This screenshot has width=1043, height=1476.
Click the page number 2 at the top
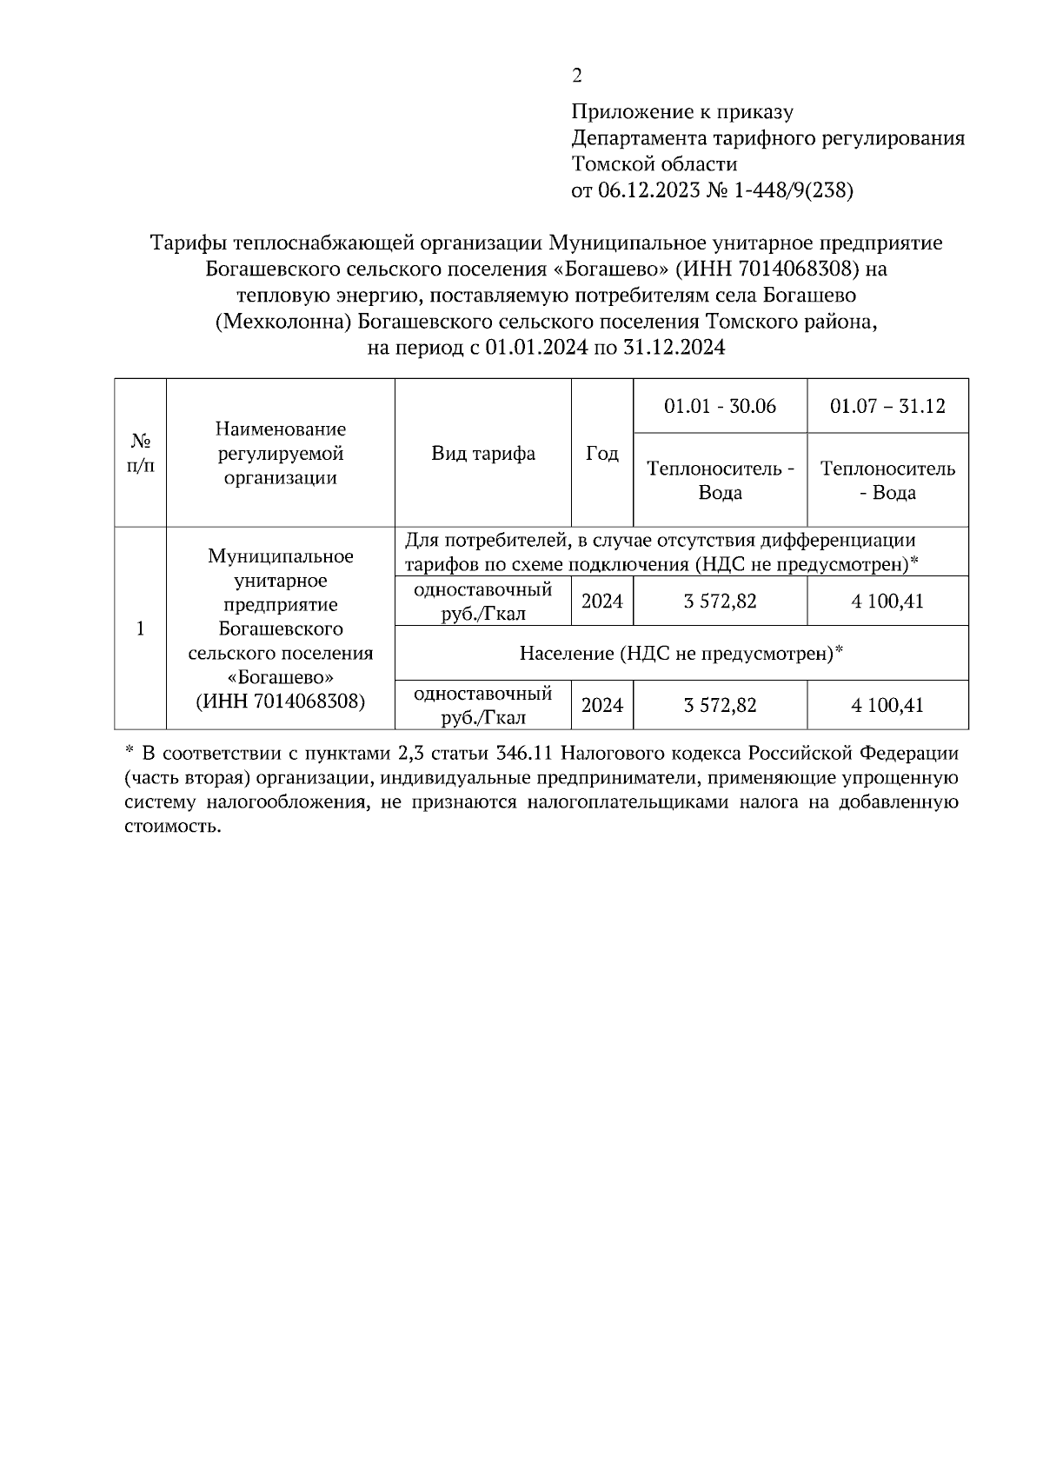576,76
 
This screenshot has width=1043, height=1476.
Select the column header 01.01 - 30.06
720,406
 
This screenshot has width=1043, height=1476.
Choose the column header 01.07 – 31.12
887,406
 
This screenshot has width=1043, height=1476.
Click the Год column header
601,453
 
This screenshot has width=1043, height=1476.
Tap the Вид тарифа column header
483,453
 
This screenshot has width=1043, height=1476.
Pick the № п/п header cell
140,453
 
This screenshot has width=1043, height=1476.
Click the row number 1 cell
140,628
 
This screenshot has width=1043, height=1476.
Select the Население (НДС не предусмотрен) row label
681,653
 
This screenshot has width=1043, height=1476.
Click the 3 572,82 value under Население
720,705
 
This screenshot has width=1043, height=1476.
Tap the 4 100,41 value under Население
887,705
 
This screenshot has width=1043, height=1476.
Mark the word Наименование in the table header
280,429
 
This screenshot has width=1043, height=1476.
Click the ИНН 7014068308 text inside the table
280,701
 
